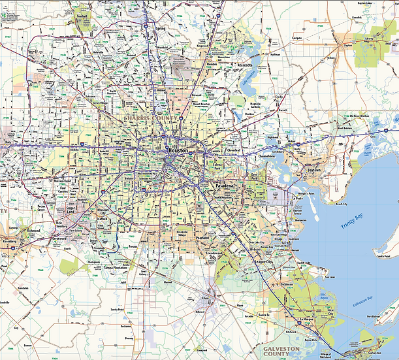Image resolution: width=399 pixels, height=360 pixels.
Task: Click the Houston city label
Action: click(178, 150)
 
